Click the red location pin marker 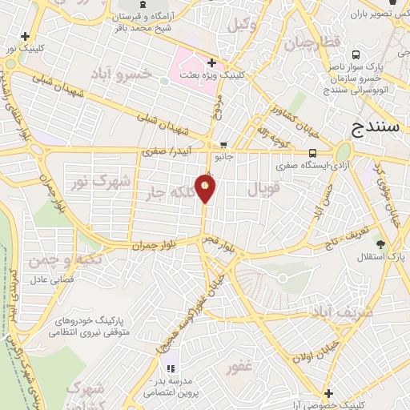pyautogui.click(x=206, y=187)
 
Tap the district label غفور pyautogui.click(x=240, y=368)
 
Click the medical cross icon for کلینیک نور pyautogui.click(x=26, y=36)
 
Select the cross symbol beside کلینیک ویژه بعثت pyautogui.click(x=211, y=62)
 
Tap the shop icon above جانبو pyautogui.click(x=223, y=145)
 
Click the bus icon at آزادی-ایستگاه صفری pyautogui.click(x=312, y=153)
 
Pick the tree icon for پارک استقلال pyautogui.click(x=380, y=243)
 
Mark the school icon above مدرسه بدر pyautogui.click(x=170, y=368)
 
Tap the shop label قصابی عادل pyautogui.click(x=52, y=280)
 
